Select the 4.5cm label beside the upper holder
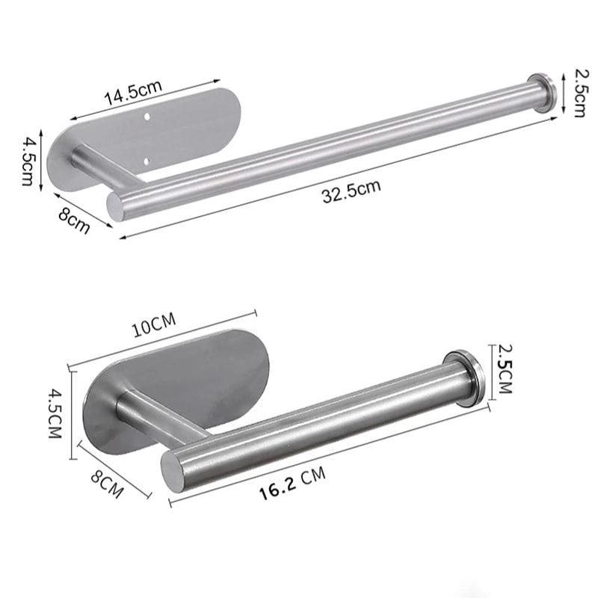tap(28, 161)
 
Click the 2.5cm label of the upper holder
tap(578, 91)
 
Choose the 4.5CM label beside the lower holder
tap(54, 413)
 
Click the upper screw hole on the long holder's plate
tap(148, 118)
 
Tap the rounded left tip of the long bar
tap(114, 206)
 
